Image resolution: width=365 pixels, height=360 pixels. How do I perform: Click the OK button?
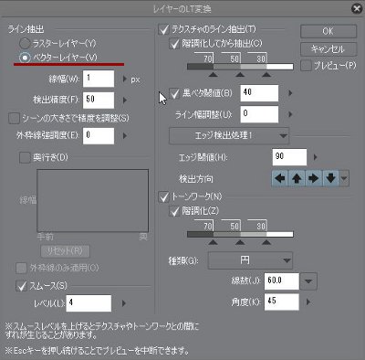tap(327, 31)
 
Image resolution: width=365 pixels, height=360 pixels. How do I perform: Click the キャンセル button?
tap(327, 48)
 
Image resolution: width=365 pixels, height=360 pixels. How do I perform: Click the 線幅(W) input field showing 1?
tap(98, 79)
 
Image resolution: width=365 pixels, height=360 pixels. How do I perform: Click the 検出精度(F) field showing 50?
tap(98, 98)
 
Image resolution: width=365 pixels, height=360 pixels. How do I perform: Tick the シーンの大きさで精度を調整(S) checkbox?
tap(13, 117)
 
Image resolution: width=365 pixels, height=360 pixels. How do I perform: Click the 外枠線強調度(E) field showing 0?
tap(98, 134)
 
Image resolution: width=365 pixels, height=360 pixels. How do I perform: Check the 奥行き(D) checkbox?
tap(24, 157)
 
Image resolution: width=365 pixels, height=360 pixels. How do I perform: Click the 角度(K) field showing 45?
tap(283, 300)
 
